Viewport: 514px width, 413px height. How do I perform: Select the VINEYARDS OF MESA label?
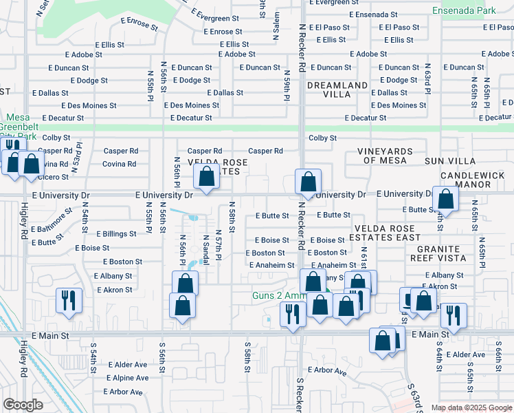(x=384, y=156)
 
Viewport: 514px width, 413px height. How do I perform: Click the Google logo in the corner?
(x=23, y=405)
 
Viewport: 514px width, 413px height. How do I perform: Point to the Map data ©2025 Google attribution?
(x=471, y=407)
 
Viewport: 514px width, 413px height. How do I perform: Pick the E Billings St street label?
(x=116, y=234)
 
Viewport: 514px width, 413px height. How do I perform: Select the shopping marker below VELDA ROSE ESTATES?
(x=207, y=177)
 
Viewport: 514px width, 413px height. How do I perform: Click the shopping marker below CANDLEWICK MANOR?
(x=446, y=200)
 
